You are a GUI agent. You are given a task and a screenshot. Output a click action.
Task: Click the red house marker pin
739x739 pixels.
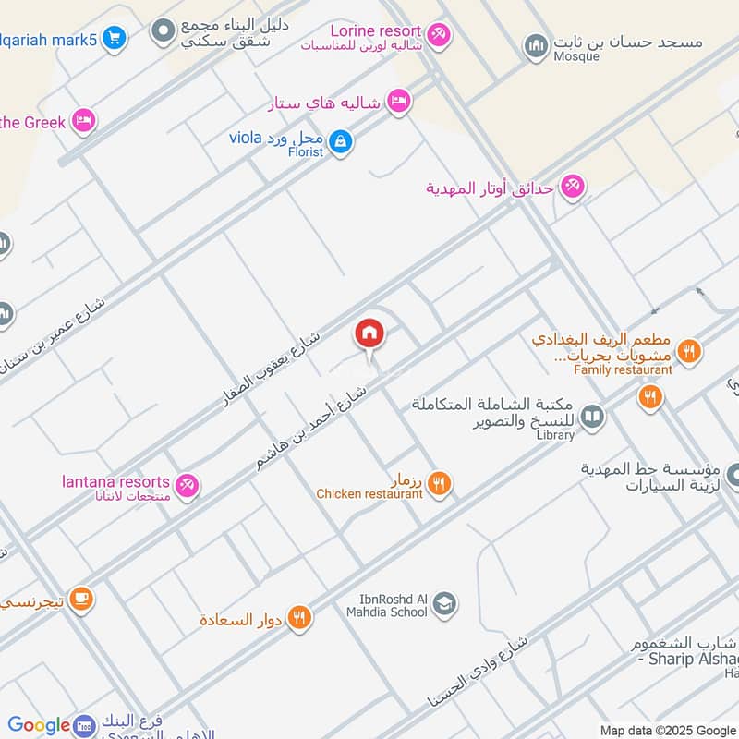point(369,333)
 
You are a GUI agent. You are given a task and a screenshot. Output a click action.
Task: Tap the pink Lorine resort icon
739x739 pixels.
point(440,34)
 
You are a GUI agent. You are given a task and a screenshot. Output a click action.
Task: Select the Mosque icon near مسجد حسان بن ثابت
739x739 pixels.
point(536,45)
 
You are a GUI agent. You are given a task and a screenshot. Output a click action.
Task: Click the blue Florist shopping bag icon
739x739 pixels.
point(341,141)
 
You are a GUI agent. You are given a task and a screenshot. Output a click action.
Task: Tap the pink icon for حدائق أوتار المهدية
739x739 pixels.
point(572,187)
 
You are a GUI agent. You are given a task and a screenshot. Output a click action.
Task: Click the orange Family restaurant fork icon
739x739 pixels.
point(688,350)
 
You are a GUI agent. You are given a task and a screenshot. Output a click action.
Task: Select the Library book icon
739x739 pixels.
point(592,418)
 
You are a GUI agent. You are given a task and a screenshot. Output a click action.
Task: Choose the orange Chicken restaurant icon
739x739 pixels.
point(440,481)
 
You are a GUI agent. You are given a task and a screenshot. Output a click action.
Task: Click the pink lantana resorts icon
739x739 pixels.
point(188,483)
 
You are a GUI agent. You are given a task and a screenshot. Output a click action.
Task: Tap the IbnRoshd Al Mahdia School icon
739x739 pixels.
point(444,603)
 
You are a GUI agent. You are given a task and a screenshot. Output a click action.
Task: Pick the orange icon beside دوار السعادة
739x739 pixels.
point(298,618)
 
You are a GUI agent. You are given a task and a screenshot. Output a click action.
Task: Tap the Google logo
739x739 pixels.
point(39,726)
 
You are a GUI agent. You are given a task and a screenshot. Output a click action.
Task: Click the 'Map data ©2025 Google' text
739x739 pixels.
point(667,730)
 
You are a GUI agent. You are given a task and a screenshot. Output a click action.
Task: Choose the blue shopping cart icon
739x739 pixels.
point(115,38)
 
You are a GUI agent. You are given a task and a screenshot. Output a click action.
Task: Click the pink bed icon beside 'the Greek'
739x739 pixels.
point(84,120)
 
